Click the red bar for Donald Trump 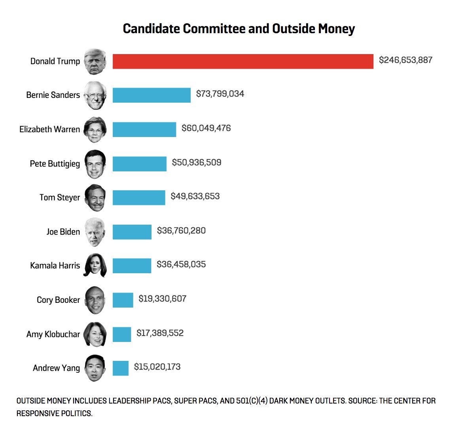tap(243, 61)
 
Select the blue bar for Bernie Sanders tap(152, 95)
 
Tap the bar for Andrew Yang tap(120, 368)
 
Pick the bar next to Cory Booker tap(123, 300)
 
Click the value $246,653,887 tap(405, 60)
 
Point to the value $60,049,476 tap(206, 128)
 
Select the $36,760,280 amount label tap(181, 231)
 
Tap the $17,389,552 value tap(160, 333)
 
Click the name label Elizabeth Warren tap(49, 130)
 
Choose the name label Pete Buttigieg tap(55, 163)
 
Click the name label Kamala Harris tap(55, 266)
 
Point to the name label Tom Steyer tap(59, 197)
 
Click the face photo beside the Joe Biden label tap(95, 232)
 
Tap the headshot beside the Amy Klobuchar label tap(95, 334)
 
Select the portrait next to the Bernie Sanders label tap(95, 95)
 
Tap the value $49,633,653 tap(195, 196)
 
